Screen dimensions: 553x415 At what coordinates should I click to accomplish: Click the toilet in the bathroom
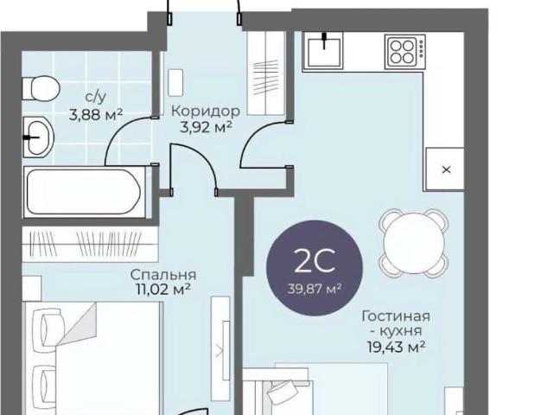(x=41, y=88)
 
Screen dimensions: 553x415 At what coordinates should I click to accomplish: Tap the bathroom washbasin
(x=38, y=137)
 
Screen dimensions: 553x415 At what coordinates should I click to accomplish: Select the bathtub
(x=85, y=192)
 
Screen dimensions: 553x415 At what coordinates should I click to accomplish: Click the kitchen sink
(x=325, y=52)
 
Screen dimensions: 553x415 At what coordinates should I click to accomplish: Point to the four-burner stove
(x=405, y=52)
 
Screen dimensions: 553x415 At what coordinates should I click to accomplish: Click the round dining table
(x=414, y=243)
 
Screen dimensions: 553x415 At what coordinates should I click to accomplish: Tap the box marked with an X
(x=445, y=169)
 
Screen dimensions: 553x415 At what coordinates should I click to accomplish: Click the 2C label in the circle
(x=315, y=261)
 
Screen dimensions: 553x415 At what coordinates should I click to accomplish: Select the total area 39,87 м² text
(x=315, y=289)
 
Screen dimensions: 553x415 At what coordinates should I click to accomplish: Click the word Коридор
(x=206, y=112)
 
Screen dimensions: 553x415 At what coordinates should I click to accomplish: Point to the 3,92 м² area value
(x=206, y=127)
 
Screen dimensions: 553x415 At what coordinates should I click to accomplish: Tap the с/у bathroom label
(x=96, y=98)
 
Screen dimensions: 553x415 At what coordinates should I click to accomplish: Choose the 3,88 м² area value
(x=96, y=114)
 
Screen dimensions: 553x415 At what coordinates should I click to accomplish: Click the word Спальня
(x=163, y=274)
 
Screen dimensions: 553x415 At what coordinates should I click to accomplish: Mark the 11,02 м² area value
(x=163, y=290)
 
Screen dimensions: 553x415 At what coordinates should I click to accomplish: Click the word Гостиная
(x=396, y=316)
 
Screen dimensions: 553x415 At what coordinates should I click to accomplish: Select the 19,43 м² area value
(x=396, y=348)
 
